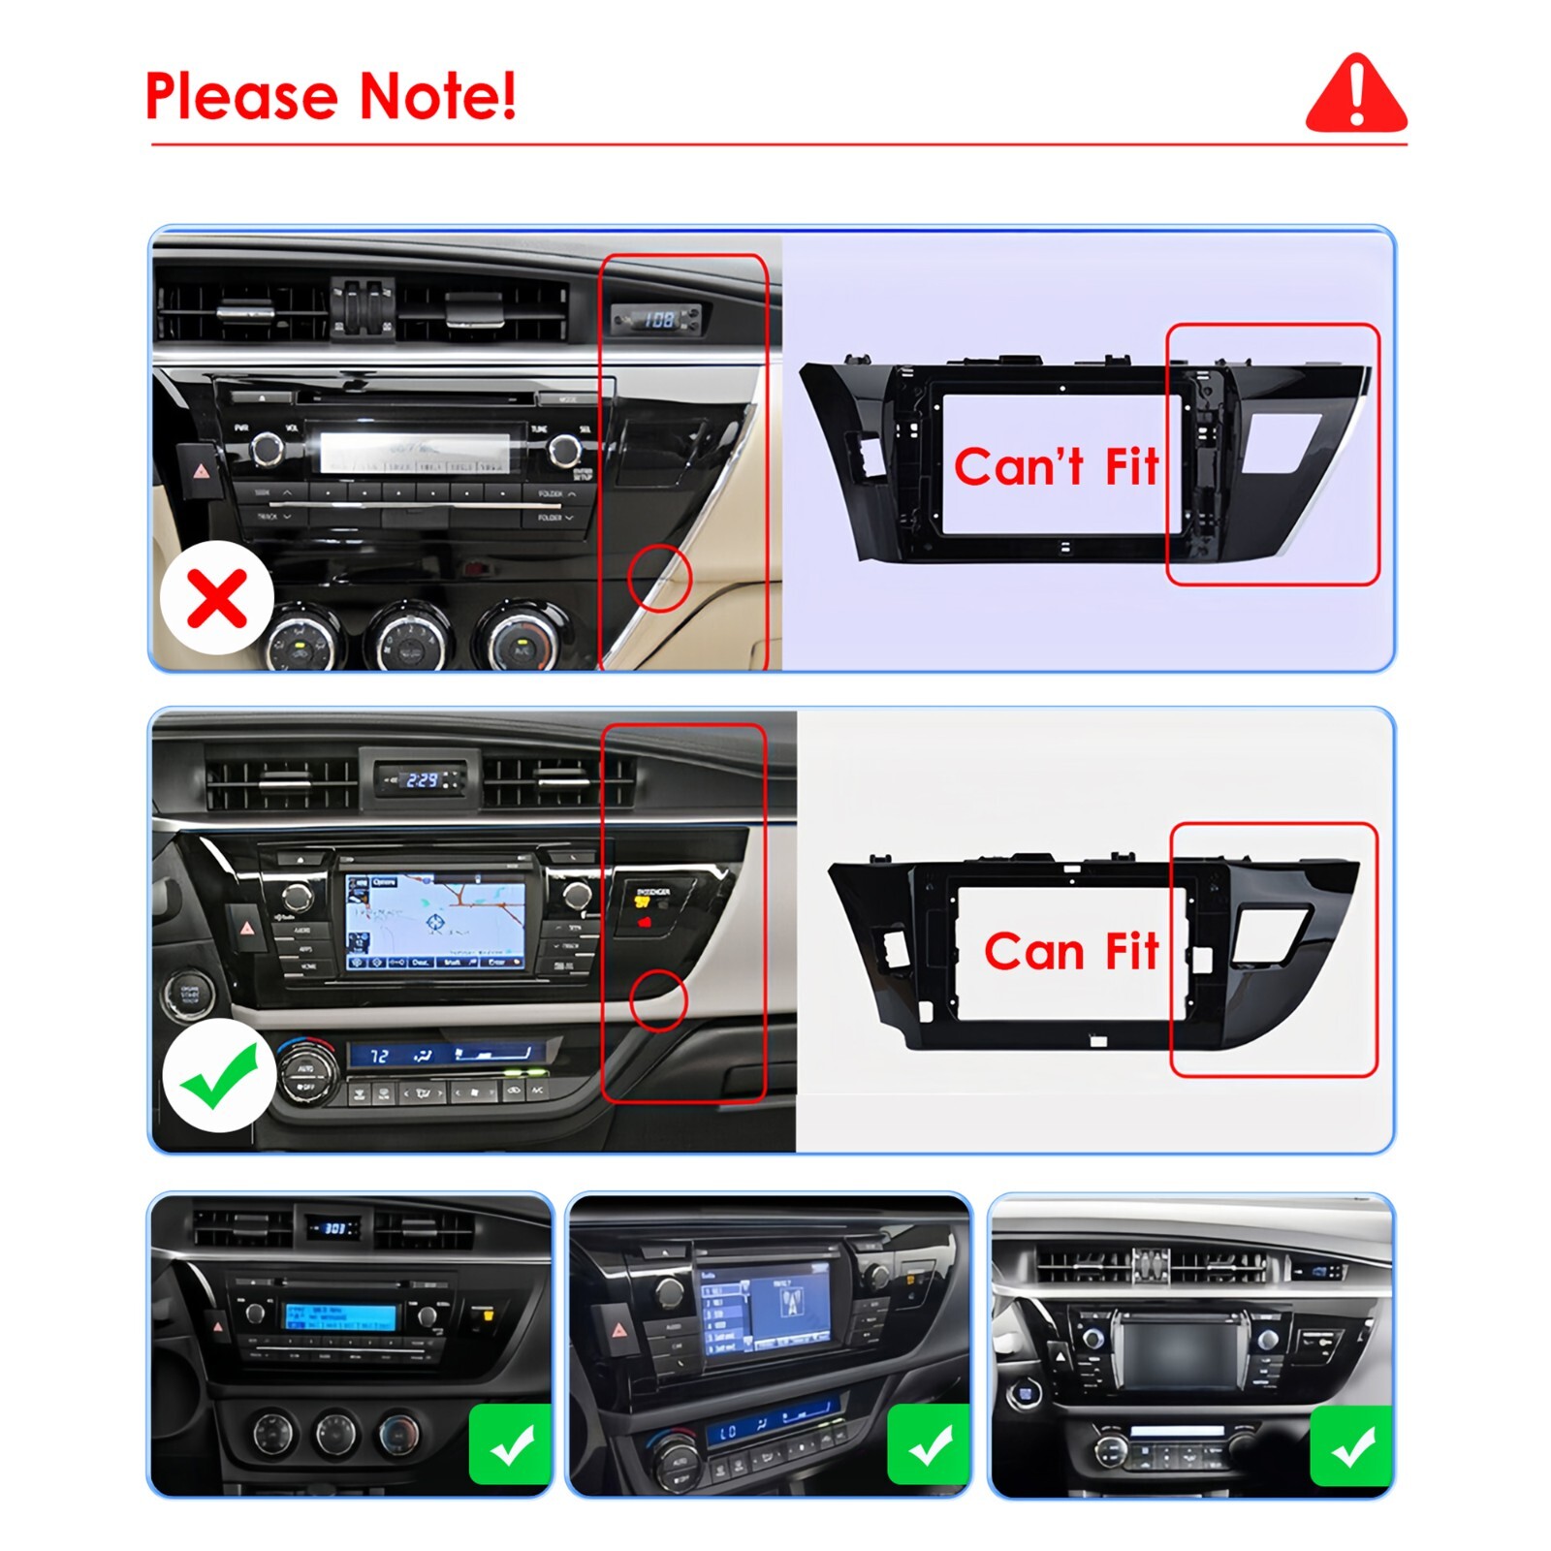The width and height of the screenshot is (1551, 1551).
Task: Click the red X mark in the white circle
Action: click(x=217, y=598)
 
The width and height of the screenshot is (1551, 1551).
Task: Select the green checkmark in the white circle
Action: click(x=219, y=1075)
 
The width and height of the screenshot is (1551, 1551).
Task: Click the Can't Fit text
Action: click(x=1056, y=466)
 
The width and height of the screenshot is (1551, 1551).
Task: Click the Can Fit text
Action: click(x=1071, y=951)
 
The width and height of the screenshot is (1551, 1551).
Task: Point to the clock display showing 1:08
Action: click(x=658, y=318)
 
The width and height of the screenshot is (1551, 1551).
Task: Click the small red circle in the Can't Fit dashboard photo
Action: click(x=659, y=578)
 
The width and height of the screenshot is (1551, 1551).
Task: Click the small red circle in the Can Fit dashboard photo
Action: click(x=658, y=999)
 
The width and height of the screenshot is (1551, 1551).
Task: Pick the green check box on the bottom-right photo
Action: click(x=1350, y=1445)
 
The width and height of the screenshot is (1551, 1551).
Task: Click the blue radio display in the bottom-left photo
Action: click(x=339, y=1316)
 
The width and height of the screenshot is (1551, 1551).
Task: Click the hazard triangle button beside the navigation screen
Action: click(x=248, y=928)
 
